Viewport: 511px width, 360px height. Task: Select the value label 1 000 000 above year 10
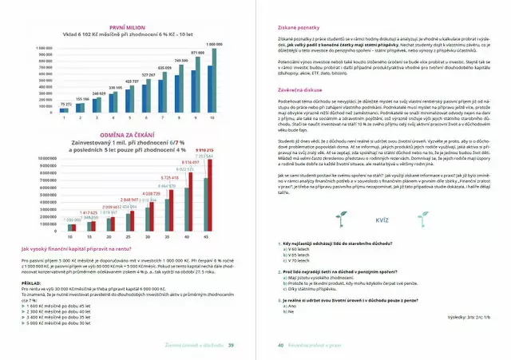(x=214, y=43)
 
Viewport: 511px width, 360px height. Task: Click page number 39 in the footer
(x=230, y=345)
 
